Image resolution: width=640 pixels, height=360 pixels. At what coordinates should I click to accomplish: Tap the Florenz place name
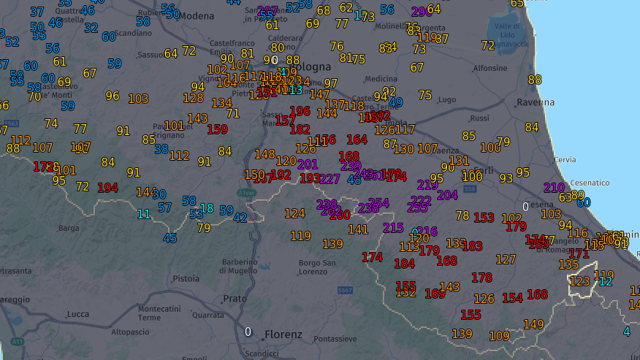click(284, 334)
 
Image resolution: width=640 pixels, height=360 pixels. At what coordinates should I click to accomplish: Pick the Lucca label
click(77, 314)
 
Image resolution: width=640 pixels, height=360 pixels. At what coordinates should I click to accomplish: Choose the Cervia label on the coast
click(564, 159)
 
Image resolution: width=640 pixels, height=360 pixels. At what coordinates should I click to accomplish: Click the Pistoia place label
click(186, 278)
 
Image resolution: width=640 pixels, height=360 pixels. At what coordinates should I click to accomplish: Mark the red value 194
click(107, 188)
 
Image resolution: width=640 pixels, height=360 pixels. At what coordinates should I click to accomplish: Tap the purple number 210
click(554, 188)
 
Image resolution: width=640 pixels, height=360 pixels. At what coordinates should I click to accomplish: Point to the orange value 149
click(533, 324)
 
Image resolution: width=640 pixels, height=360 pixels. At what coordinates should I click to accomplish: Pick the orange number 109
click(499, 336)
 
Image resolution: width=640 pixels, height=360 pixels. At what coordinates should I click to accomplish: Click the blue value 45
click(169, 238)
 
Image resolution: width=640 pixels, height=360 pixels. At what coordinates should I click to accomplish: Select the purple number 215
click(393, 228)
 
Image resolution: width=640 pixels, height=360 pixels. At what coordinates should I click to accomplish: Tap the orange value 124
click(294, 213)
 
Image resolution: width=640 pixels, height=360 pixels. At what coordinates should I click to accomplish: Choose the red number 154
click(512, 298)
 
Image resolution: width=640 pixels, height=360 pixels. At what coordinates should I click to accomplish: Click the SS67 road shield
click(346, 291)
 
